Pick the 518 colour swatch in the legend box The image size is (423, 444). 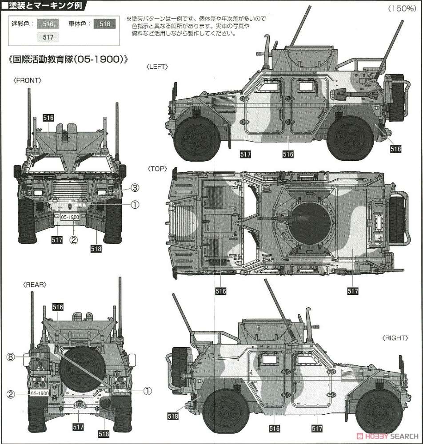(x=105, y=24)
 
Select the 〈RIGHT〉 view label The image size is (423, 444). (x=394, y=338)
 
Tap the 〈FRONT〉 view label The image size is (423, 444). (x=28, y=80)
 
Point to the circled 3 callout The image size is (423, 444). (x=135, y=188)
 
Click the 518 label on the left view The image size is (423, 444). (x=395, y=149)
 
